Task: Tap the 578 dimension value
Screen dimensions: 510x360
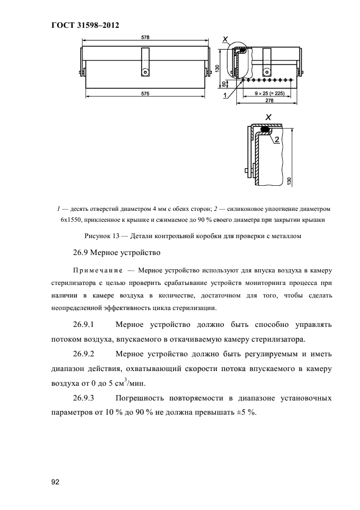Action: click(145, 38)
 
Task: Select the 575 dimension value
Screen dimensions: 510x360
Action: click(145, 94)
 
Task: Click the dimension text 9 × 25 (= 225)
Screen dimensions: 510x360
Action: click(269, 93)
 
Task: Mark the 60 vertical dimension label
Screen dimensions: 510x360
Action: click(223, 84)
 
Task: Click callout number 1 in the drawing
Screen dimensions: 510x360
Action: click(224, 95)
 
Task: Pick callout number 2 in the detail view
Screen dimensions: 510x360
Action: click(277, 140)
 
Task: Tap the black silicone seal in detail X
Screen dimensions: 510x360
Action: click(267, 130)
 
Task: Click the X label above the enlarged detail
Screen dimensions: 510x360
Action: click(267, 117)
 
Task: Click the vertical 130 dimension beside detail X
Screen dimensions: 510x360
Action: click(295, 180)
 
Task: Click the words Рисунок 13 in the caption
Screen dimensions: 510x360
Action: click(101, 235)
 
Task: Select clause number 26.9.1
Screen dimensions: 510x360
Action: click(84, 325)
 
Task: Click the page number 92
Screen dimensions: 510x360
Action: click(55, 482)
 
